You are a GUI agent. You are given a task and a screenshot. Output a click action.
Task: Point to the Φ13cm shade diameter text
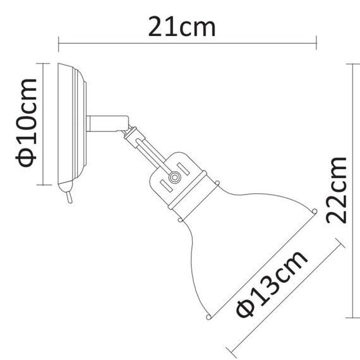[x=271, y=284]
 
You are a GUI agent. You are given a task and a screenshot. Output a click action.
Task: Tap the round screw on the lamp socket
[x=172, y=180]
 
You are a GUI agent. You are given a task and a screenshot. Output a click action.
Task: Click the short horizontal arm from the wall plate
[x=104, y=123]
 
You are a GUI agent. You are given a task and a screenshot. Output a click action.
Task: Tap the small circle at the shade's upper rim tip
[x=314, y=211]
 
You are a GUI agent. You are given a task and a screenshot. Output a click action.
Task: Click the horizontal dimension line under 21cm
[x=187, y=44]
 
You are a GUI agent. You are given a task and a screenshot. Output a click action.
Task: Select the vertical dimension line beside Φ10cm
[x=44, y=124]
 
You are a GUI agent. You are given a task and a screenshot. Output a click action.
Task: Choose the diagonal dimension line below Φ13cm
[x=287, y=297]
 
